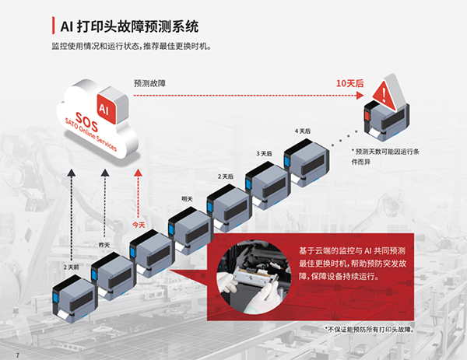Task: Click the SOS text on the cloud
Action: [x=85, y=125]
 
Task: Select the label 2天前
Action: [x=70, y=267]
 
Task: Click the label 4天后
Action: [x=302, y=131]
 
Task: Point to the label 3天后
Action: [x=264, y=153]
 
